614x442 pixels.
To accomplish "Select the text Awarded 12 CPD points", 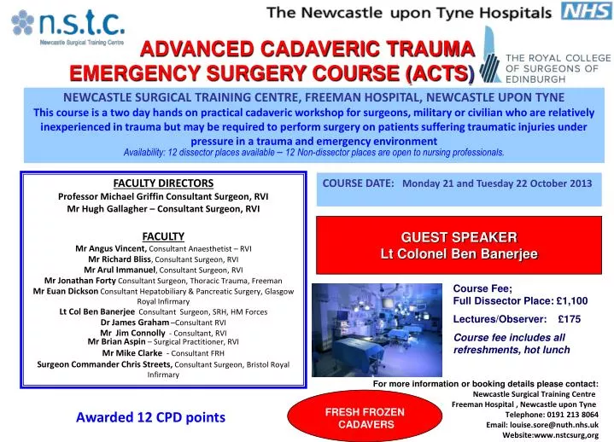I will [150, 417].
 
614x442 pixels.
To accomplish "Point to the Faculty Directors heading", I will [163, 183].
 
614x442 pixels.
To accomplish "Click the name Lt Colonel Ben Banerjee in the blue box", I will [459, 253].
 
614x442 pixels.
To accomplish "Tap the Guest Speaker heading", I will [459, 236].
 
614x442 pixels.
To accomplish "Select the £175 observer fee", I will [568, 319].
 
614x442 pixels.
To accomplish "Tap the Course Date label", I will [358, 183].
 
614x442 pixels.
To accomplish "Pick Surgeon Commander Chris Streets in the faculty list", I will [104, 364].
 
